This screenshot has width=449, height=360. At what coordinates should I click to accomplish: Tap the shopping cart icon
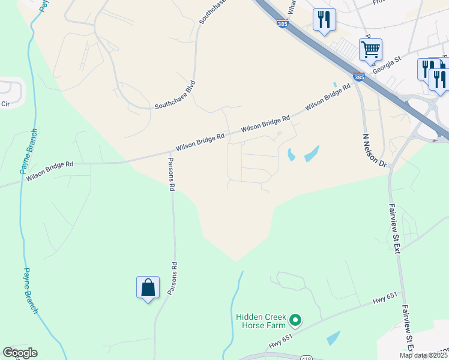click(x=370, y=49)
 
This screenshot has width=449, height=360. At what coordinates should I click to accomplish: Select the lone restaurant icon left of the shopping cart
click(x=324, y=20)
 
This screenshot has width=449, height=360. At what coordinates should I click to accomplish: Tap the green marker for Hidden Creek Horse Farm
click(x=295, y=321)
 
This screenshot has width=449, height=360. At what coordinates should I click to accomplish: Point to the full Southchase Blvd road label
click(x=175, y=95)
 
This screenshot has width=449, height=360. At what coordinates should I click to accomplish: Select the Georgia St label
click(x=387, y=65)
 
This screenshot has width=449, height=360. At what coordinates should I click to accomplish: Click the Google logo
click(x=20, y=353)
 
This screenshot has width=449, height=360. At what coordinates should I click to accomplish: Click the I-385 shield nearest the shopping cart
click(x=358, y=77)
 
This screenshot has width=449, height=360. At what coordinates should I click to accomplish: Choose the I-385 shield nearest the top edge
click(x=282, y=23)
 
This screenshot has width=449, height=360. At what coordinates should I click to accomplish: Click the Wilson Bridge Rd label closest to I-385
click(x=327, y=97)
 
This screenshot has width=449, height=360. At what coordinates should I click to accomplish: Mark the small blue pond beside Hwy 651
click(x=333, y=338)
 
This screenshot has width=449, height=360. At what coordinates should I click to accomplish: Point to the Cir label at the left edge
click(x=6, y=104)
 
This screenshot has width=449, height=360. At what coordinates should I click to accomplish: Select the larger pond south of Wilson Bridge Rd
click(x=312, y=154)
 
